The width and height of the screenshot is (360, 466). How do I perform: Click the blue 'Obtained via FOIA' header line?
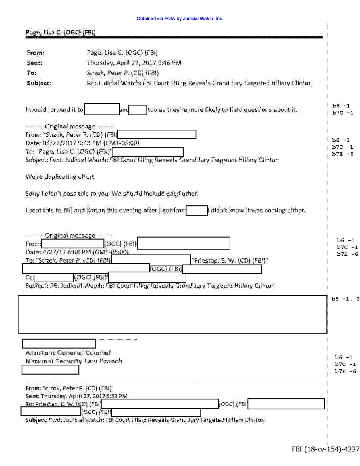180,19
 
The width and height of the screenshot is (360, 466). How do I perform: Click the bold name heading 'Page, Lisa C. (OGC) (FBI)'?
61,32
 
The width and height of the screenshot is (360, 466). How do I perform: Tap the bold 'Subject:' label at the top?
39,83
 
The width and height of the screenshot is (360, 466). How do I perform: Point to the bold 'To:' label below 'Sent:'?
31,73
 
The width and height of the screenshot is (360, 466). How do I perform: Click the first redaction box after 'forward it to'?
102,109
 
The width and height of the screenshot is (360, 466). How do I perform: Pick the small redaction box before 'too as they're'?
138,110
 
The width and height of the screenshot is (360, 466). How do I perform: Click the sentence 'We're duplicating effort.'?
61,177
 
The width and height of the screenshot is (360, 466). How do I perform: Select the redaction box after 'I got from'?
197,210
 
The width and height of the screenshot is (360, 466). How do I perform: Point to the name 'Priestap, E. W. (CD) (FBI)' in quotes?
230,260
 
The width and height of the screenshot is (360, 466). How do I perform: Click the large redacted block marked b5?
172,314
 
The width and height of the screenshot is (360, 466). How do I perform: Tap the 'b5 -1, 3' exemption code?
345,299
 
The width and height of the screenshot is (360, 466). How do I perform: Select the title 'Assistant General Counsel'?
68,353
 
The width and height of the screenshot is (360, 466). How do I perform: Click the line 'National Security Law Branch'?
74,361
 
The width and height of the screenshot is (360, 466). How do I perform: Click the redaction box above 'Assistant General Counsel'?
59,344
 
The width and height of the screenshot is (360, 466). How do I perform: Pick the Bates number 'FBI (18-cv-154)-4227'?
325,449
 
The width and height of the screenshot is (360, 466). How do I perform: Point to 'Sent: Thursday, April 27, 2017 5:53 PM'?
76,396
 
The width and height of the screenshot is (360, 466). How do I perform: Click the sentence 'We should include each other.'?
155,194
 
